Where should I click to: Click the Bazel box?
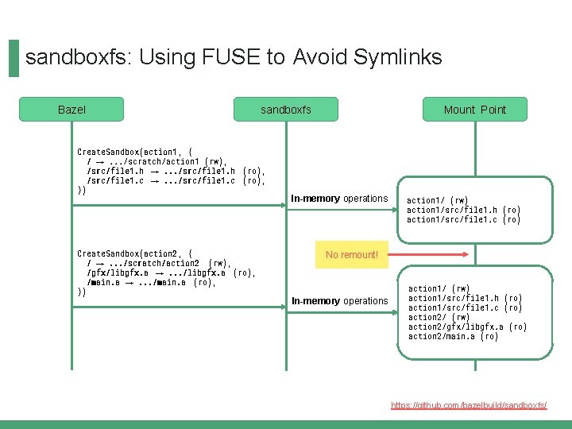(71, 110)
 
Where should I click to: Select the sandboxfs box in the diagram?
(286, 110)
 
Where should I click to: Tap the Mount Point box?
(474, 110)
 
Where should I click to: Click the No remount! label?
(352, 255)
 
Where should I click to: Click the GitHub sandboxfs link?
(469, 405)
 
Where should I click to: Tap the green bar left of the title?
(14, 59)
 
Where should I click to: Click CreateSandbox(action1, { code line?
(134, 151)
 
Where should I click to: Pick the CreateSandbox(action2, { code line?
(134, 253)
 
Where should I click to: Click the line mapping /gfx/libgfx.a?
(171, 272)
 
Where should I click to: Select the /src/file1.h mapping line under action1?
(176, 171)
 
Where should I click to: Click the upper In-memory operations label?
(339, 199)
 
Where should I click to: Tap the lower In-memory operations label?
(339, 301)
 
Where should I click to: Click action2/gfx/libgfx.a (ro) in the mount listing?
(467, 327)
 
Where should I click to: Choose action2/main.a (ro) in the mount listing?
(454, 336)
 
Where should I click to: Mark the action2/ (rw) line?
(439, 317)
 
